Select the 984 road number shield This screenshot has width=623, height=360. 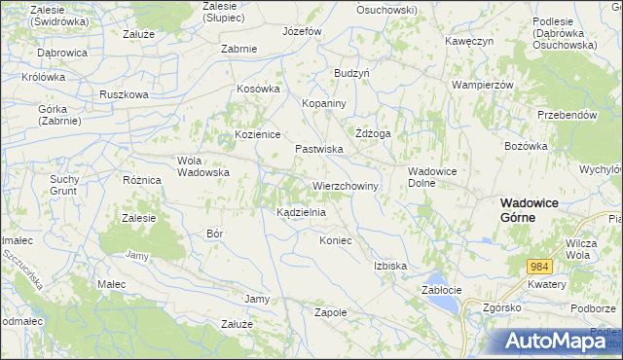(541, 267)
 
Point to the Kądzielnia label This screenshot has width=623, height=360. (301, 211)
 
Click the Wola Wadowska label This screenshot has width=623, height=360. (202, 166)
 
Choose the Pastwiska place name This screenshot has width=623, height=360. (318, 149)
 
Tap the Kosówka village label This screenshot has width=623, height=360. (259, 89)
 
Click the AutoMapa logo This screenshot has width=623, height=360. (555, 342)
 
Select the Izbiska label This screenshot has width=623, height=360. (389, 266)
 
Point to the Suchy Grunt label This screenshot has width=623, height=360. (64, 185)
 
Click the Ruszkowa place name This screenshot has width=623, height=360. (124, 94)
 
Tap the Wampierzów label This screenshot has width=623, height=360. (482, 85)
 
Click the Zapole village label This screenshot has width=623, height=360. (331, 312)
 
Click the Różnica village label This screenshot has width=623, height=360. (141, 180)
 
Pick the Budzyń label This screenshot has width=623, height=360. (351, 73)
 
